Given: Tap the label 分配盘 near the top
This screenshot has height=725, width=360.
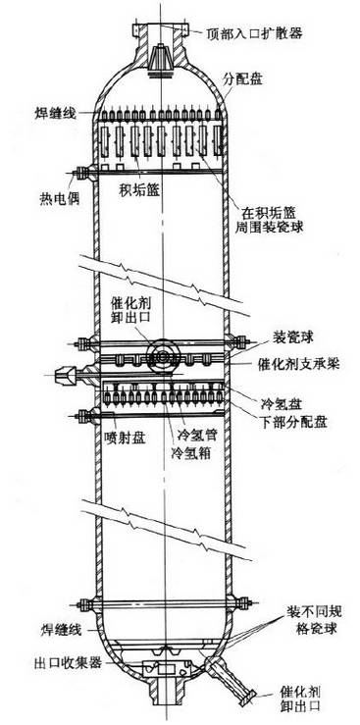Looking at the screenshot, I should (243, 76).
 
